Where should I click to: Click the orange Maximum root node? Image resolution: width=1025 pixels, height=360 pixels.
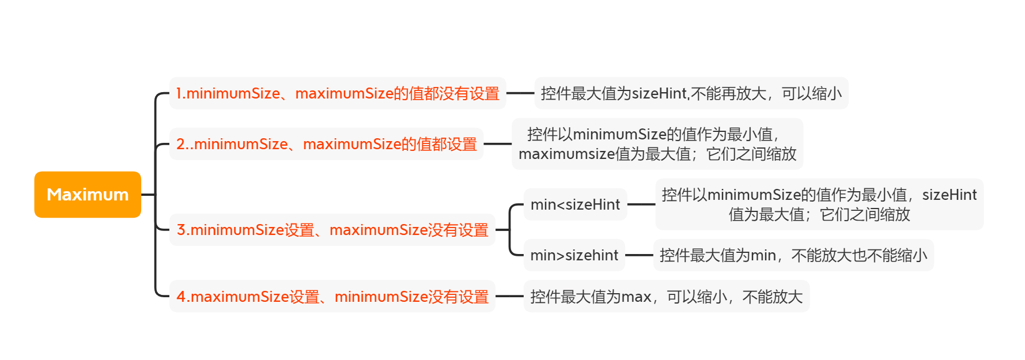(88, 195)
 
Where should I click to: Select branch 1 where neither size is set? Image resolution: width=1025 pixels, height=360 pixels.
(338, 93)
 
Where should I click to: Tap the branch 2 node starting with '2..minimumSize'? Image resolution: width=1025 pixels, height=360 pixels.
(326, 144)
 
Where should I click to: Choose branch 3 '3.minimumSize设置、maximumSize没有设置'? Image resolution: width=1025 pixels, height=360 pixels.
(332, 230)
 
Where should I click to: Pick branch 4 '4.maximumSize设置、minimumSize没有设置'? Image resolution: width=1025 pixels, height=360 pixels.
(332, 297)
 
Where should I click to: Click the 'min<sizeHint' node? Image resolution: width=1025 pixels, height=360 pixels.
(575, 204)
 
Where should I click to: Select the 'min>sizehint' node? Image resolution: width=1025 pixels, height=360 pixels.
(574, 255)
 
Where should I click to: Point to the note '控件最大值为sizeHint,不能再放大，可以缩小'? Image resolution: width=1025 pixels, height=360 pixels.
(691, 93)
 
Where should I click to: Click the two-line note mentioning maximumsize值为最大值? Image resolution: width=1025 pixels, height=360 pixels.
(657, 144)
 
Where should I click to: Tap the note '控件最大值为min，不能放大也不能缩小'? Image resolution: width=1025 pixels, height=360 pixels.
(793, 255)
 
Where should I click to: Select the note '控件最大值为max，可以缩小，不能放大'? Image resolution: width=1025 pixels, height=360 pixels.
(666, 297)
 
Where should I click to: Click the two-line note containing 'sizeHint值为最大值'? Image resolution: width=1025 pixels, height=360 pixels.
(819, 204)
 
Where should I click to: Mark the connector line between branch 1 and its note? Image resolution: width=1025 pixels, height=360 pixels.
(520, 93)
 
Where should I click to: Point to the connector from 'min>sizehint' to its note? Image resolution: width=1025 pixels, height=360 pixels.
(639, 255)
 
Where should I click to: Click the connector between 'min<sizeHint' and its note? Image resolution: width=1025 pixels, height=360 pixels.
(641, 204)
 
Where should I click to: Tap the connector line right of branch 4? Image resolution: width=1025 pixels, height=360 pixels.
(509, 297)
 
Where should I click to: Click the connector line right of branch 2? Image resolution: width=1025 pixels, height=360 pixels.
(497, 144)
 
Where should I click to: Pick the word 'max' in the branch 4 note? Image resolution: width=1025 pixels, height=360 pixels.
(636, 297)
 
